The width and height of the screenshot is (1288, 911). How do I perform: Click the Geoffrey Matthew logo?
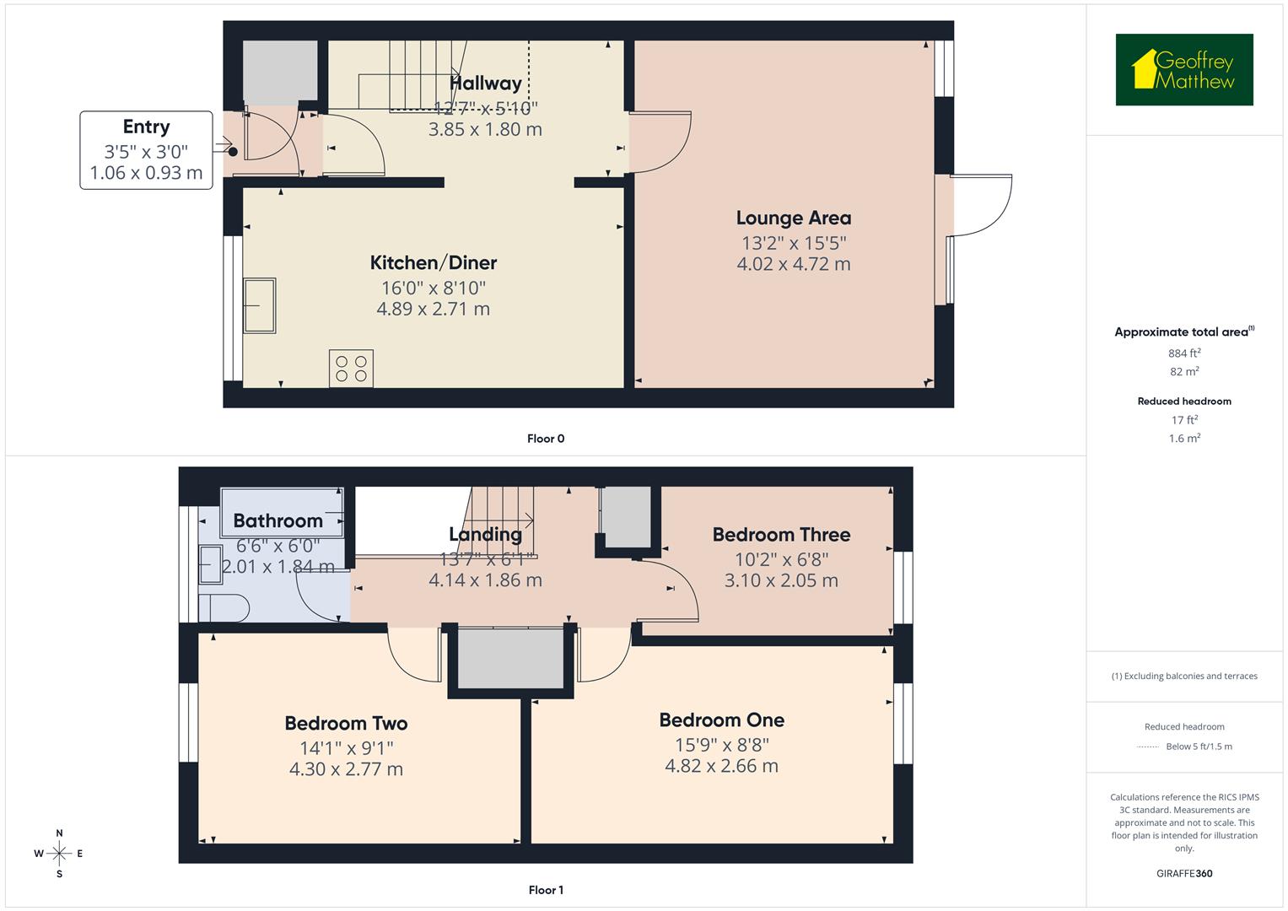[x=1184, y=70]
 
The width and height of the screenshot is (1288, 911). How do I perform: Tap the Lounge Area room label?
[x=793, y=218]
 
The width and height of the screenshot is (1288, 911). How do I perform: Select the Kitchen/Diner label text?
[x=433, y=262]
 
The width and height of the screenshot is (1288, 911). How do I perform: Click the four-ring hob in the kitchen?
[x=351, y=369]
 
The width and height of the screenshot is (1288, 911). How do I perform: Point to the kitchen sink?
[x=260, y=305]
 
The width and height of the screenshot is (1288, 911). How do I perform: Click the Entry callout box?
[x=146, y=150]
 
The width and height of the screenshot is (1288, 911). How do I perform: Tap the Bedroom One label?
[x=721, y=720]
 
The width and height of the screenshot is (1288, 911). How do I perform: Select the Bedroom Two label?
[x=346, y=723]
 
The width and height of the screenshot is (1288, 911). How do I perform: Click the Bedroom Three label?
[x=781, y=534]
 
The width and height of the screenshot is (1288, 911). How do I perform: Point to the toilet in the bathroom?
[x=224, y=607]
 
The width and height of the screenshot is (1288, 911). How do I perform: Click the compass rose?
[x=59, y=854]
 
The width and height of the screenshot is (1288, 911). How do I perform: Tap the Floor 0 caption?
[x=545, y=439]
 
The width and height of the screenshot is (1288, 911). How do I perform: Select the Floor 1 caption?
[x=545, y=890]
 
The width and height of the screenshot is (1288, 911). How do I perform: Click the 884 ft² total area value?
[x=1183, y=353]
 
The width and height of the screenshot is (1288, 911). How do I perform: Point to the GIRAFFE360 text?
[x=1184, y=873]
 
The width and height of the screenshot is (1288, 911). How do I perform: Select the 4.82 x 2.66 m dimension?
[x=721, y=766]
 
